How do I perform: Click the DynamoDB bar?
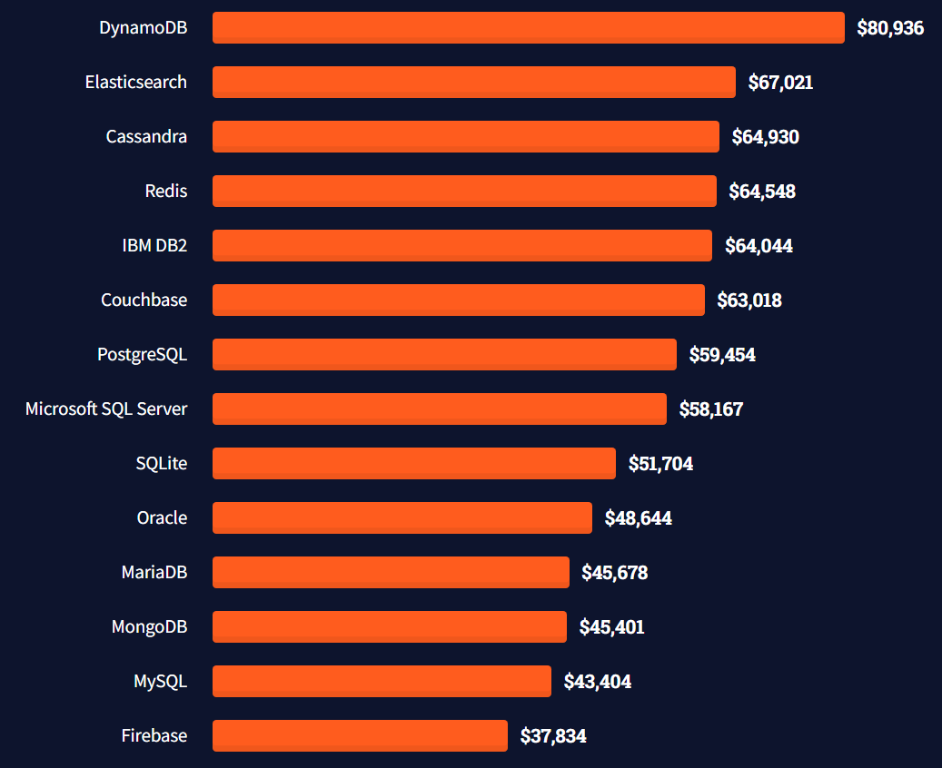528,27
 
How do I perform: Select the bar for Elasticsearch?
473,82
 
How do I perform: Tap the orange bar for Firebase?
360,735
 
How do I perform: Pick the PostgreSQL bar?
444,354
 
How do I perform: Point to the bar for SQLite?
413,463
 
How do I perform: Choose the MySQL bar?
382,681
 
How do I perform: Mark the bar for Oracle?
402,517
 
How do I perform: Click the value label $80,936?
890,28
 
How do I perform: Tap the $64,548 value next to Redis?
762,192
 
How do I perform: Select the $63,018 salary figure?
749,300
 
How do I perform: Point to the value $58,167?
711,409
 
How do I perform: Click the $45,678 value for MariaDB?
615,573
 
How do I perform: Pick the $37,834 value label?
553,736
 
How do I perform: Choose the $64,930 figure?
766,137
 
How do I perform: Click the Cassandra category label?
146,137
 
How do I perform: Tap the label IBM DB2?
154,245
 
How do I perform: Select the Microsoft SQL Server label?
106,409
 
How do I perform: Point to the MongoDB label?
149,626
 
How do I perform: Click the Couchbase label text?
144,300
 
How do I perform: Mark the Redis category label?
166,191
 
